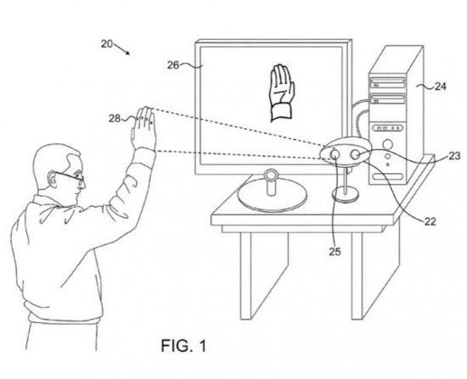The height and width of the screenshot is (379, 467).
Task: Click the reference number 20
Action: click(107, 44)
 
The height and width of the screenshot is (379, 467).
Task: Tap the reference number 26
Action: click(173, 64)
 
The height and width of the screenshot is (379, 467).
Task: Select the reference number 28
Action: click(115, 119)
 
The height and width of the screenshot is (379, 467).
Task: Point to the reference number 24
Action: click(441, 86)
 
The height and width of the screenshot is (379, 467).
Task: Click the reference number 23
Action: click(454, 156)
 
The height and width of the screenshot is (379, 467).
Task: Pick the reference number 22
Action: click(430, 221)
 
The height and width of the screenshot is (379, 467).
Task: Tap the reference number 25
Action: click(335, 252)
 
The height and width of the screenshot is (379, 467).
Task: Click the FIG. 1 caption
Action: click(183, 346)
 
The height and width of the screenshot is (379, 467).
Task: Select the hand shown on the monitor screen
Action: click(282, 92)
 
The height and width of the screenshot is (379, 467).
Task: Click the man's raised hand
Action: click(144, 129)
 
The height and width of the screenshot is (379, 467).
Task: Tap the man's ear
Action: click(53, 179)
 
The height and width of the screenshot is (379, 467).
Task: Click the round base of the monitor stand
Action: click(272, 198)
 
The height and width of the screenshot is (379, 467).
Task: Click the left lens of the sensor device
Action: click(335, 154)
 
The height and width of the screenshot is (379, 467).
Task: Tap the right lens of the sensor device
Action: click(355, 154)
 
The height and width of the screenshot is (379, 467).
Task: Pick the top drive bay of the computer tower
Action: click(387, 83)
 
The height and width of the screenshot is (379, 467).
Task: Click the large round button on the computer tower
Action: click(388, 145)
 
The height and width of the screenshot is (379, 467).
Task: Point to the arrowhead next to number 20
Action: click(127, 53)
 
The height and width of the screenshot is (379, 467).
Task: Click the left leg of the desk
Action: click(245, 276)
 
